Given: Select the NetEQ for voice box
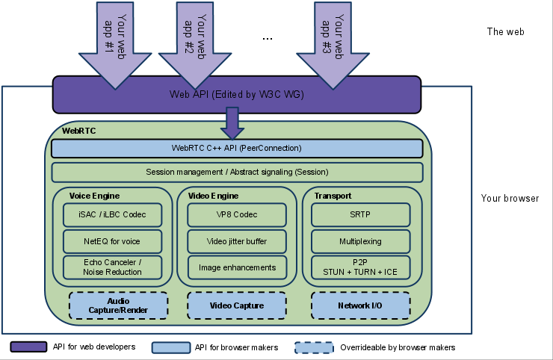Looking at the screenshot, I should click(x=113, y=241).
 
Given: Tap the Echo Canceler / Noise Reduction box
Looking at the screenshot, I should click(x=113, y=267).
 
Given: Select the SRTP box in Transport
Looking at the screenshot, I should click(x=361, y=215).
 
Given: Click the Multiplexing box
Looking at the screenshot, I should click(x=361, y=241).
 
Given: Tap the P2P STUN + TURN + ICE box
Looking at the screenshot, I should click(x=361, y=267).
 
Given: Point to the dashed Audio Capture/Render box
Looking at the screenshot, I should click(x=118, y=305).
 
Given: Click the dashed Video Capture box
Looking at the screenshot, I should click(x=237, y=305).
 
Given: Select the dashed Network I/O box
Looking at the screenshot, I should click(x=361, y=305).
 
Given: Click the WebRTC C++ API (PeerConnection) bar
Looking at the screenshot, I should click(x=237, y=149).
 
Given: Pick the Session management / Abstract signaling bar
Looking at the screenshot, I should click(x=237, y=173).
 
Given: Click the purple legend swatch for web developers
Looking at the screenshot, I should click(x=28, y=347).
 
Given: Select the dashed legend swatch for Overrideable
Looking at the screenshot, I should click(x=314, y=347).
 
